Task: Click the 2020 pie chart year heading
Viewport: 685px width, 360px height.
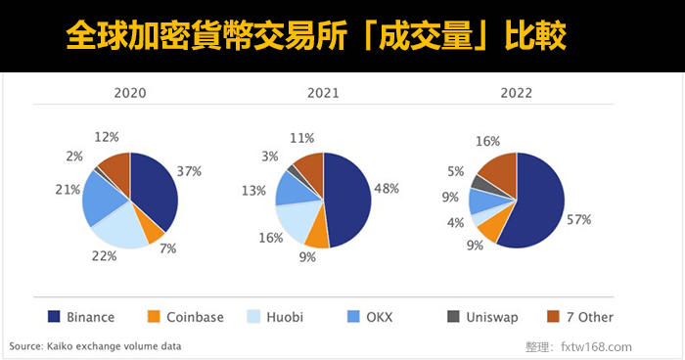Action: pos(130,94)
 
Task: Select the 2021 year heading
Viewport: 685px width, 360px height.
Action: pos(323,94)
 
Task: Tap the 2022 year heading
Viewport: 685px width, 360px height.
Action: pos(516,94)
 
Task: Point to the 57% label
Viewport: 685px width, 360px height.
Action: pos(579,220)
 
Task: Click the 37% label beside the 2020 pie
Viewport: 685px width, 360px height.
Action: pos(189,171)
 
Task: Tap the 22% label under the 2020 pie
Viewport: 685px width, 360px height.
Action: pos(105,255)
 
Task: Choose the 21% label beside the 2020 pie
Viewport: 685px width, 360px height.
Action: pos(68,189)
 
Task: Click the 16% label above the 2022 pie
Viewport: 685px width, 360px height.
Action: pos(486,141)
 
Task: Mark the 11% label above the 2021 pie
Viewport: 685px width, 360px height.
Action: pos(301,139)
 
